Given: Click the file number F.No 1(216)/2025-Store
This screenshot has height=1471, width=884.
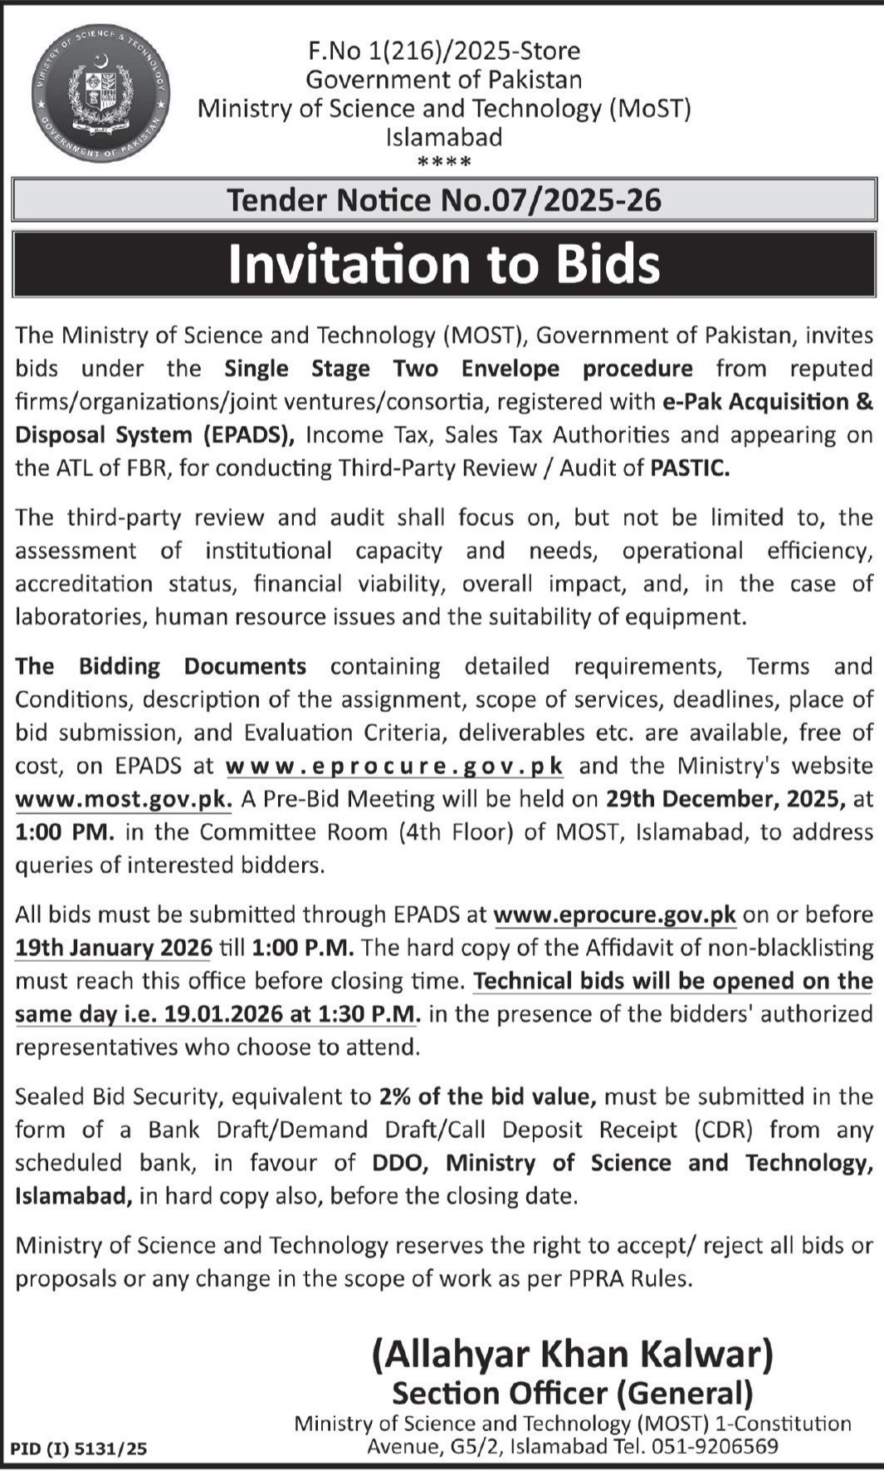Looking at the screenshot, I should pos(444,51).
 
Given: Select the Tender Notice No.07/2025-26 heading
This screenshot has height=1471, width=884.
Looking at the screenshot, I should pos(444,200).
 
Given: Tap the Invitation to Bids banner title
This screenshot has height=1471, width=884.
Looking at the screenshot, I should pos(444,264).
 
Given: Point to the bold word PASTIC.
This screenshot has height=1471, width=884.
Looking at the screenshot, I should pos(690,468).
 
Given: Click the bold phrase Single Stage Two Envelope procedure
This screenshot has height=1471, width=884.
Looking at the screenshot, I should pos(458,369).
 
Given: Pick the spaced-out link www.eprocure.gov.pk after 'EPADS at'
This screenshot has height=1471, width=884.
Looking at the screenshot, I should pos(395,766).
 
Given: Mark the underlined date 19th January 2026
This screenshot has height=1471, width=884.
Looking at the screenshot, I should pos(114,948).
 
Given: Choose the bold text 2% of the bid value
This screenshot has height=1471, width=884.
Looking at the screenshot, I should pos(488,1097).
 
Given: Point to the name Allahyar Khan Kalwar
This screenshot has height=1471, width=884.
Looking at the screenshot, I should pos(572,1355).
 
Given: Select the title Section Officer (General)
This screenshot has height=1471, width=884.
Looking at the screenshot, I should pos(572,1393).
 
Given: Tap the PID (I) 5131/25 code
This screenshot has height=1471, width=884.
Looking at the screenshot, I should pos(79,1449).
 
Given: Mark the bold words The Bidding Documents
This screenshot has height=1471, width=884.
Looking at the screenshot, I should pos(161,666).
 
